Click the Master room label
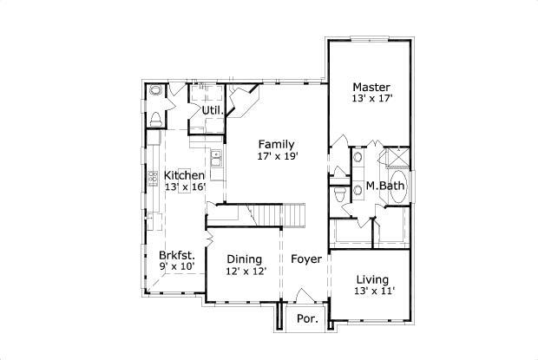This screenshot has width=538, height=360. point(371,87)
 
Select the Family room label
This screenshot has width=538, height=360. point(276,145)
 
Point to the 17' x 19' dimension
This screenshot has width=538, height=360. point(276,157)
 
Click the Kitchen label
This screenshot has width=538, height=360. point(184,175)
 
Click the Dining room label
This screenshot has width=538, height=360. point(246,259)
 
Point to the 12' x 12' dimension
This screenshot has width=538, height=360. point(246,271)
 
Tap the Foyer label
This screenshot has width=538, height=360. point(306,259)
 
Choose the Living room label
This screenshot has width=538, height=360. point(371,279)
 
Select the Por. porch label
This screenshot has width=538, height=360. point(308,318)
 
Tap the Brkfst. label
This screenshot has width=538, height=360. point(176,256)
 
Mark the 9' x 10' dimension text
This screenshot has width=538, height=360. point(176,267)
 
